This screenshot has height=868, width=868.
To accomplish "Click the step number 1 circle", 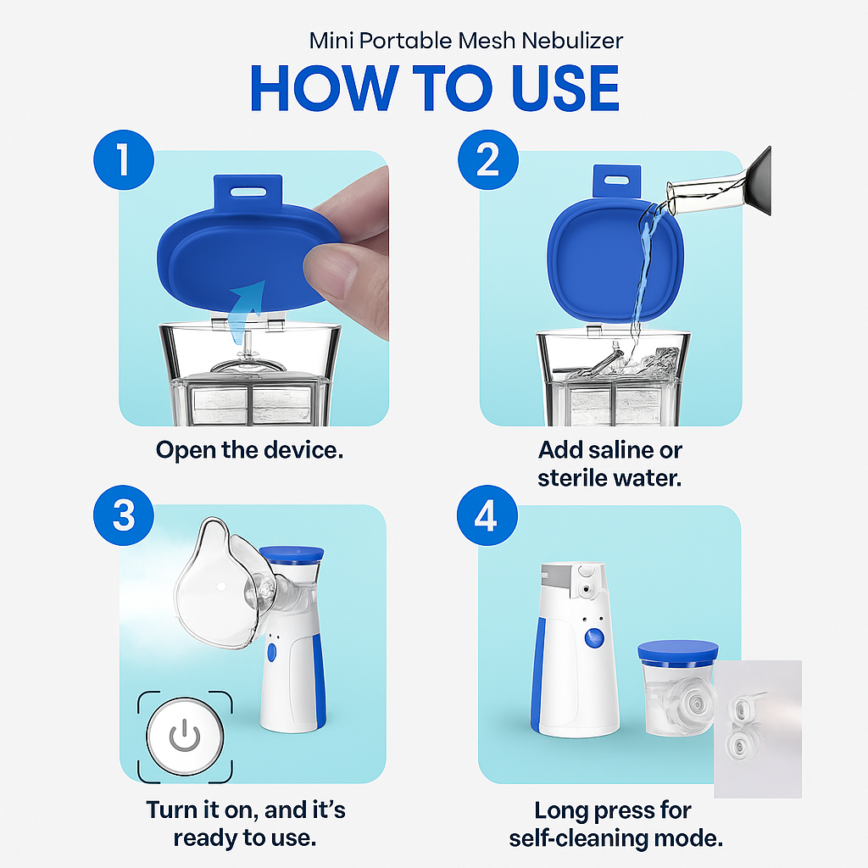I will [124, 160].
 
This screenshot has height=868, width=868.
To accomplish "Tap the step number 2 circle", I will [487, 160].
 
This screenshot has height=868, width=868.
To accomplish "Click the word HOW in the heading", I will [323, 87].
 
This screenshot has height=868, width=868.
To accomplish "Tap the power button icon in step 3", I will [184, 737].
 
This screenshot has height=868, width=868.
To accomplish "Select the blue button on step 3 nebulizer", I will [271, 653].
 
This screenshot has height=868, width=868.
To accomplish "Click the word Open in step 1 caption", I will [186, 449].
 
